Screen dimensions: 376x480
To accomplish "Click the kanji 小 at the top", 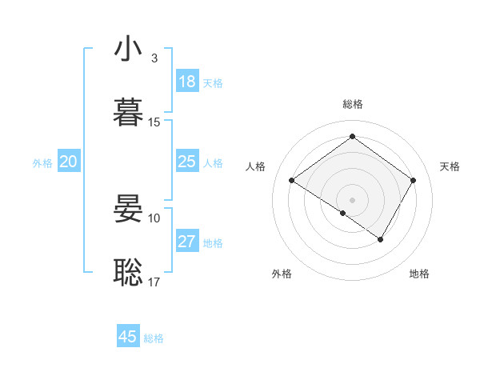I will [129, 50].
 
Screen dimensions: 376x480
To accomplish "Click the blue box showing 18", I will [187, 82].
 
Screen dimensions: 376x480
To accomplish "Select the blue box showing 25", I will [187, 162].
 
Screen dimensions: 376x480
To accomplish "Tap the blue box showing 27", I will [187, 242].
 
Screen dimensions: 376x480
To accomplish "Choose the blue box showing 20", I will [68, 162].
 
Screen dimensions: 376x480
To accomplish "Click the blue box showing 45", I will [128, 337].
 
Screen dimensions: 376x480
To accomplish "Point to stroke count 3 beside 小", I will [154, 58].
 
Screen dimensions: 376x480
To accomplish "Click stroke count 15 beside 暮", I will [154, 122].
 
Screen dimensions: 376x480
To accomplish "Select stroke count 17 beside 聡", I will [154, 282].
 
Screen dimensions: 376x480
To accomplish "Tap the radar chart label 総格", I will [352, 104].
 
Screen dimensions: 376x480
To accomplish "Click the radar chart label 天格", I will [450, 166].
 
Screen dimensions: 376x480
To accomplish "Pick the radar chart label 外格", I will [282, 274].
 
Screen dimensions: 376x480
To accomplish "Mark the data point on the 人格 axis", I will [292, 181].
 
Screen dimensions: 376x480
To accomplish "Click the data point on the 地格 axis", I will [381, 239].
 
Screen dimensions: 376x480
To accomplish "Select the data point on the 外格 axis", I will [342, 213].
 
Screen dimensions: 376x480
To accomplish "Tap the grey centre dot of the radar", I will [352, 199].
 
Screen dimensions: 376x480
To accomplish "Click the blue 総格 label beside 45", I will [154, 338].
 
